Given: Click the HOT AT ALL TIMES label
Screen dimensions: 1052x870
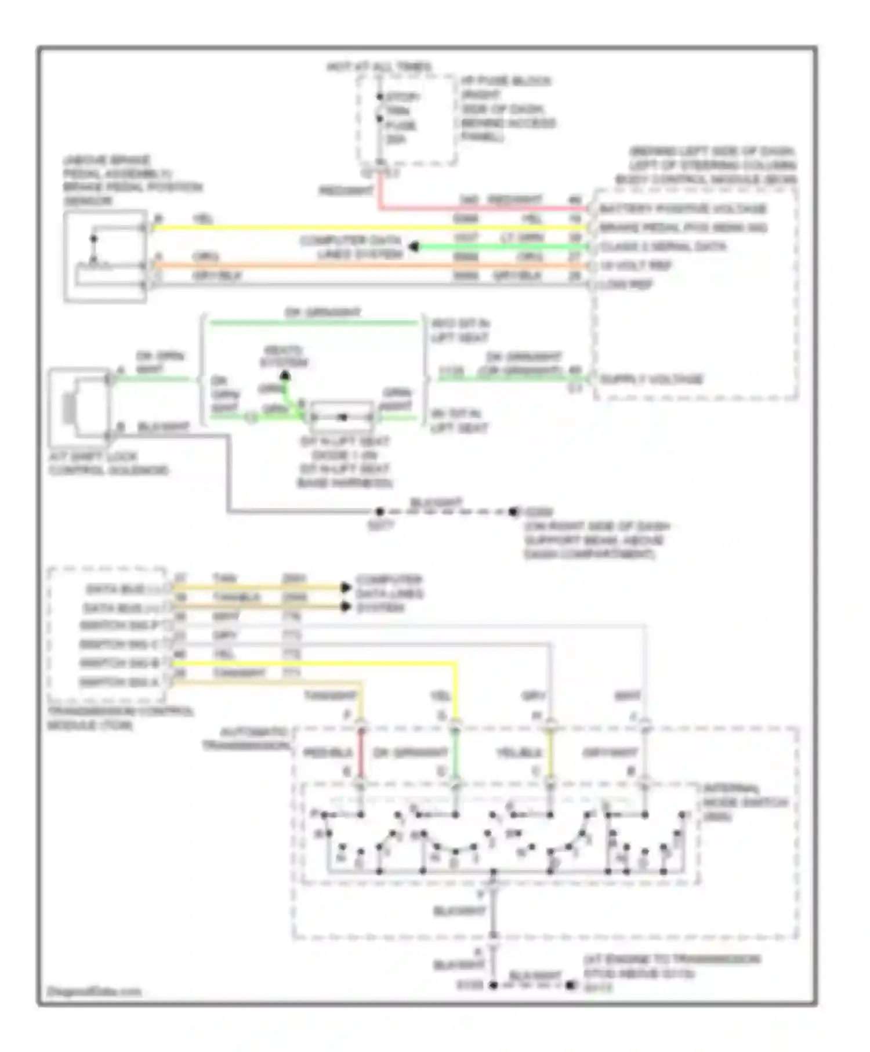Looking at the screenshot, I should [x=379, y=67].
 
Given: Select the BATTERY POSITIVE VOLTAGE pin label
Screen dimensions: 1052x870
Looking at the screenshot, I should [x=683, y=209].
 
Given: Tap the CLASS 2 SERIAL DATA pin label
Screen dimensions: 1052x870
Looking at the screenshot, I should [x=662, y=247].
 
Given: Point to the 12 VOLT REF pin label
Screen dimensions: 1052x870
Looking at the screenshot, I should [x=636, y=266].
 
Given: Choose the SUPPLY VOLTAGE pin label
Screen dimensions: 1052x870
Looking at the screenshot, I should [x=651, y=380].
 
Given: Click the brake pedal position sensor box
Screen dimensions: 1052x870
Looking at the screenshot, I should [x=105, y=257].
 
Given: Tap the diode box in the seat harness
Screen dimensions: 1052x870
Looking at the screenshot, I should [x=342, y=417].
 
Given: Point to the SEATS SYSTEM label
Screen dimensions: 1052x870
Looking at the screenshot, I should [x=284, y=357].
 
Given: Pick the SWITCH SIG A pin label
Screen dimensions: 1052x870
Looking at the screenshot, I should [x=119, y=683].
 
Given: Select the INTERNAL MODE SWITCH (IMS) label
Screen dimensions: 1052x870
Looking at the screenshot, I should [x=745, y=803].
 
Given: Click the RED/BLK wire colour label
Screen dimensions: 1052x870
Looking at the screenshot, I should [x=328, y=753].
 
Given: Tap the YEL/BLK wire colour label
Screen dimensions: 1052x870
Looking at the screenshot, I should [x=519, y=753].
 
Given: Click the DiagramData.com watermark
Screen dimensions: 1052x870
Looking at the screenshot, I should [x=94, y=991].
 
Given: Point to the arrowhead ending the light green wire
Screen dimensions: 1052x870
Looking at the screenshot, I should [x=414, y=248].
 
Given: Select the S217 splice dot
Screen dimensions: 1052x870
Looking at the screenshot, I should [x=379, y=512].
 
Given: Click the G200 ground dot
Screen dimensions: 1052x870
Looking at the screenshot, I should [x=513, y=512].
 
